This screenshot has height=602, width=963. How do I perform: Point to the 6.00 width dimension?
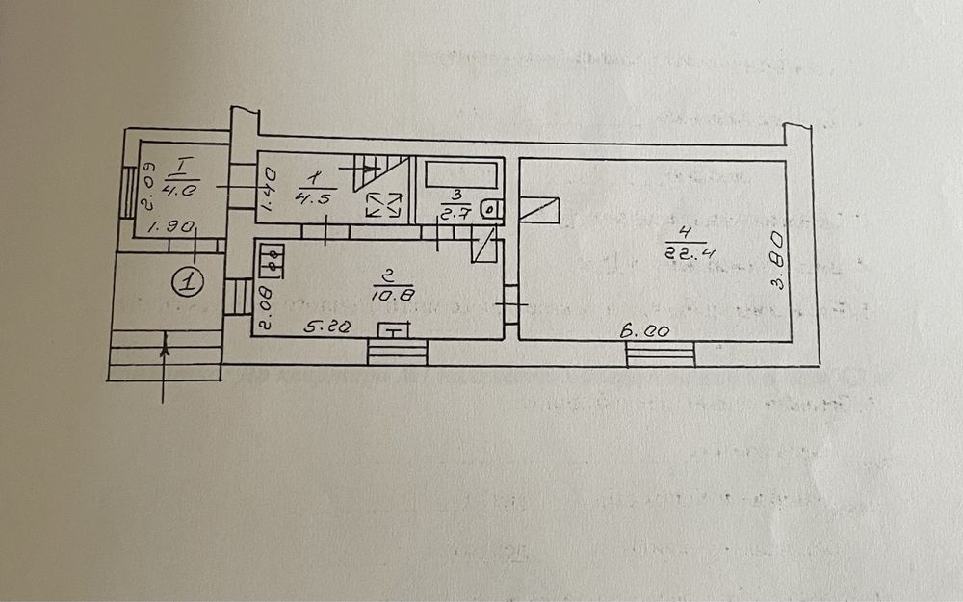644,330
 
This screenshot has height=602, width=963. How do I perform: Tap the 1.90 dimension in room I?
180,227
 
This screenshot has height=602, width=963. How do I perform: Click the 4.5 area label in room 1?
314,200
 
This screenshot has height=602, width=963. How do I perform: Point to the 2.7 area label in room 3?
454,214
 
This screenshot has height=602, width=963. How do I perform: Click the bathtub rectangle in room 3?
461,174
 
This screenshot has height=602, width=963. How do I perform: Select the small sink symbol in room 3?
490,206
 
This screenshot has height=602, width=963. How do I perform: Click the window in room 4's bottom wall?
660,353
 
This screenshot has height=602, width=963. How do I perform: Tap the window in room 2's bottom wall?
397,352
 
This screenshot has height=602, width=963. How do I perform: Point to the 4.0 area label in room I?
181,191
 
